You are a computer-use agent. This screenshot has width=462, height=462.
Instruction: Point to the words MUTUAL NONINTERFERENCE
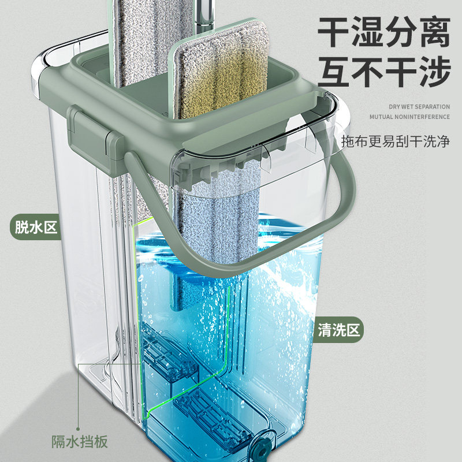409,117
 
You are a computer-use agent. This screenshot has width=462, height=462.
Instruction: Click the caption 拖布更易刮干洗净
395,141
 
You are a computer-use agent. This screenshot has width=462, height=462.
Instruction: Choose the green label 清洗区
338,330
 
